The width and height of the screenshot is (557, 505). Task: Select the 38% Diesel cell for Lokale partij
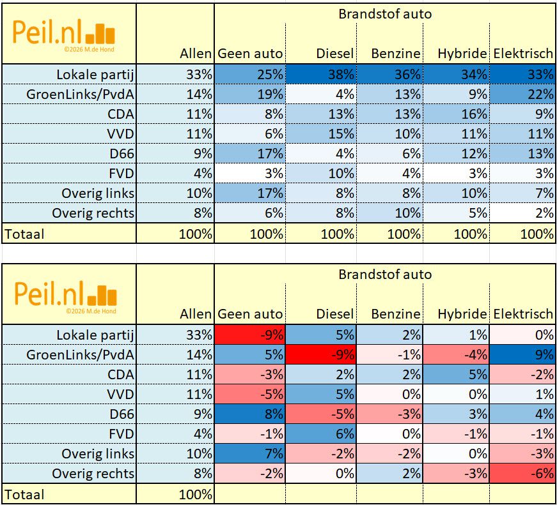coord(320,74)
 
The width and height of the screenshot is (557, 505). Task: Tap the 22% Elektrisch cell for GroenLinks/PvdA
coord(523,94)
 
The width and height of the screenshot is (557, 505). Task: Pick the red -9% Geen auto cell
coord(249,334)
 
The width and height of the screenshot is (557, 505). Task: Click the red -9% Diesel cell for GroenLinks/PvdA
coord(320,354)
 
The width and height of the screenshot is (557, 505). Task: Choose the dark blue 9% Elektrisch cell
coord(523,354)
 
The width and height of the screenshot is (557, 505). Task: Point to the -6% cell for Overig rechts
coord(523,473)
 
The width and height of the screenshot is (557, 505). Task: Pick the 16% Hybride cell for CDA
coord(457,114)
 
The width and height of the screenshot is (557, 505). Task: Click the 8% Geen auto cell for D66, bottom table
coord(249,414)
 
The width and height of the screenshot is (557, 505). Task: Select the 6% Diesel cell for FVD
coord(320,433)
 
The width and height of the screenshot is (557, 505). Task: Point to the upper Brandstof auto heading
coord(385,14)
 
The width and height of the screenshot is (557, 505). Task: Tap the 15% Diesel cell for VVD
coord(320,134)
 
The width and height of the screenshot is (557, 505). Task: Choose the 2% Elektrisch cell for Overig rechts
coord(523,214)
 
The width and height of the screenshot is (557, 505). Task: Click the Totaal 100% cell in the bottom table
coord(196,494)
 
